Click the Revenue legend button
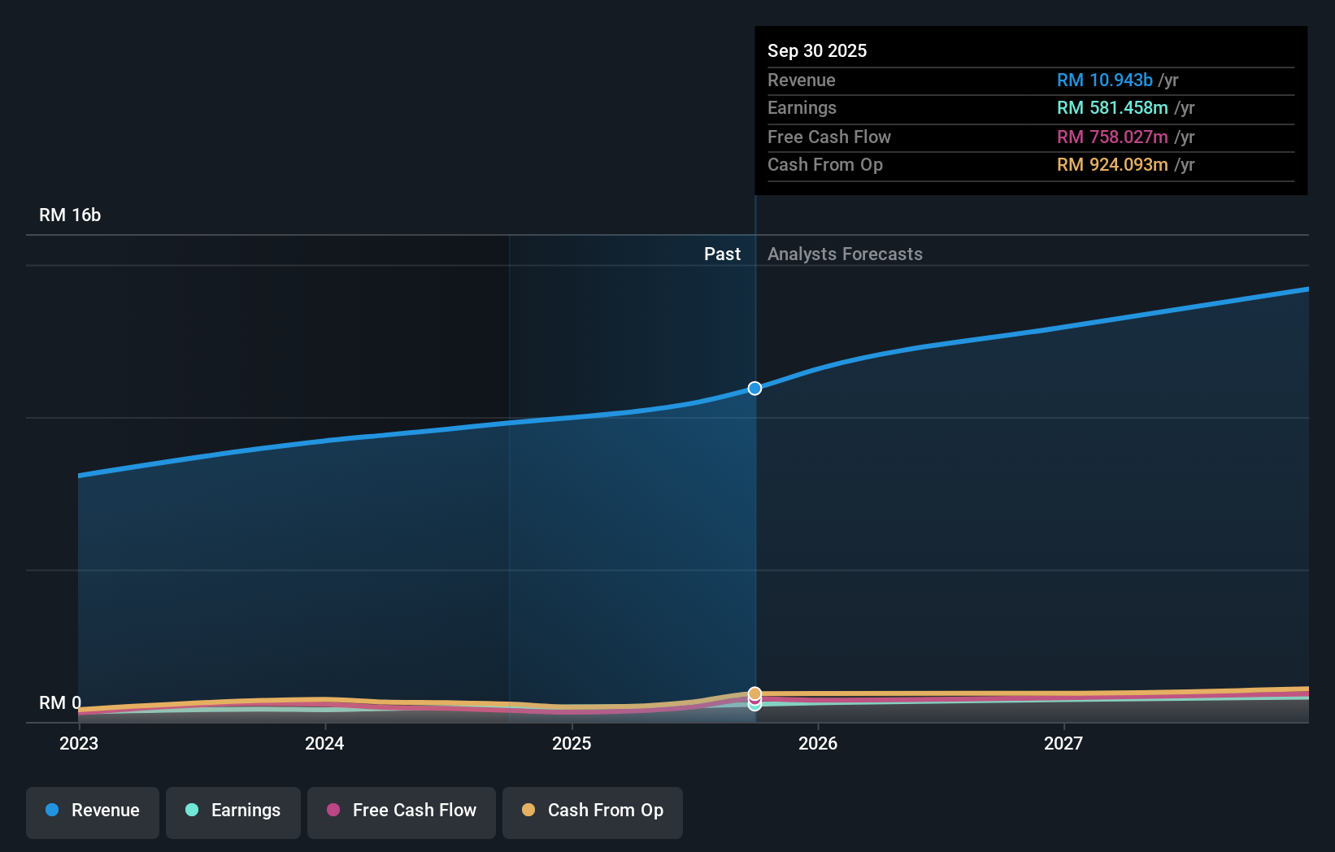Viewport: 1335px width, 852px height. click(93, 811)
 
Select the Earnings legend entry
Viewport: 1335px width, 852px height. click(233, 811)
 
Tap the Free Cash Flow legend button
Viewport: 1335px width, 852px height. click(402, 811)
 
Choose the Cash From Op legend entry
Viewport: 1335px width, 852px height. click(593, 811)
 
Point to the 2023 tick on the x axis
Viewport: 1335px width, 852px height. click(79, 743)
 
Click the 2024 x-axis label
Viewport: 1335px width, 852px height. click(324, 743)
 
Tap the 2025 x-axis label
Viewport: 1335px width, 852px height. click(572, 743)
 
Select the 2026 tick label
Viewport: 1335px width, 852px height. click(818, 743)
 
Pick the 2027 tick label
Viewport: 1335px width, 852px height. click(1063, 743)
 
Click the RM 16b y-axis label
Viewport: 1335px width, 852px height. click(70, 215)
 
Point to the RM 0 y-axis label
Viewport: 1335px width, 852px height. click(60, 702)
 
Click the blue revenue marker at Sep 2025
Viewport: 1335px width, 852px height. click(754, 389)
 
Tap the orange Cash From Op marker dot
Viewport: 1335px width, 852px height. click(754, 693)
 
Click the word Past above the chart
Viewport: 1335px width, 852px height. click(722, 254)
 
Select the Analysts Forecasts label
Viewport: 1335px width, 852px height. click(845, 254)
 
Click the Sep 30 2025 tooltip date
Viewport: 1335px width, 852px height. click(817, 50)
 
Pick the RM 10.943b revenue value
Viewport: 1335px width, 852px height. click(1104, 80)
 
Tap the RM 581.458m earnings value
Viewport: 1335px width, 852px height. click(1111, 108)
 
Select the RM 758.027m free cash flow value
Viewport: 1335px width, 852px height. click(1111, 137)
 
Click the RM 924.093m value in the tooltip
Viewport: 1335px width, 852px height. click(1111, 165)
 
